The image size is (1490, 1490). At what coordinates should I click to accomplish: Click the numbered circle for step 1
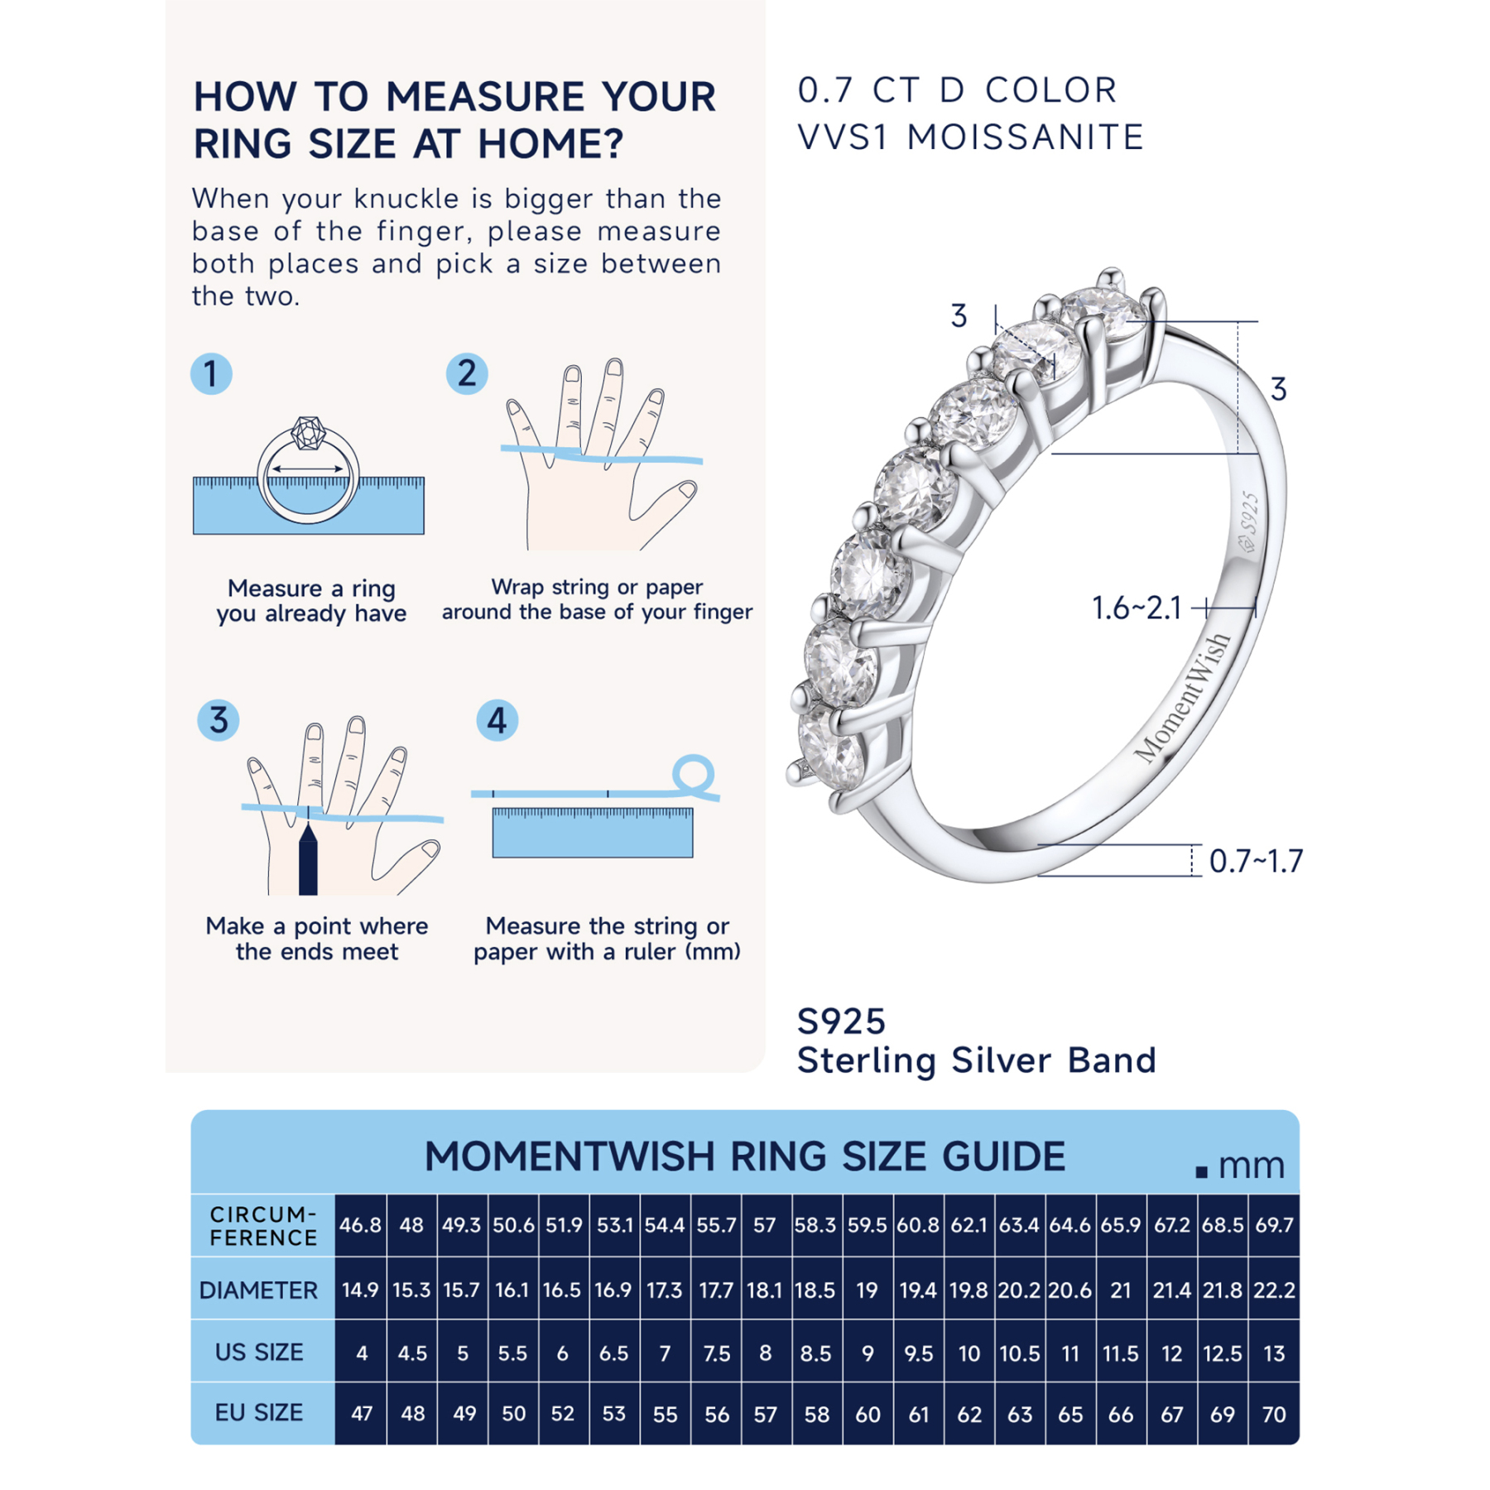tap(210, 373)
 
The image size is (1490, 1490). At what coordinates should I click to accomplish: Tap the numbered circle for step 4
tap(497, 720)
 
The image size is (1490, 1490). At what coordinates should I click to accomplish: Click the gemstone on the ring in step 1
tap(308, 433)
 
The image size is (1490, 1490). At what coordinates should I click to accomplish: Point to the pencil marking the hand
tap(308, 861)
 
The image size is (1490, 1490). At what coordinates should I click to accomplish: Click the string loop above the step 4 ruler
tap(692, 774)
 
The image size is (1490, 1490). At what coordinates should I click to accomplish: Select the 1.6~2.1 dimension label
tap(1136, 608)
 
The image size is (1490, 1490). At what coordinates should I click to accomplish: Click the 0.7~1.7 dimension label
tap(1255, 861)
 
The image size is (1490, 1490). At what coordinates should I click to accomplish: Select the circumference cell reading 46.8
tap(360, 1225)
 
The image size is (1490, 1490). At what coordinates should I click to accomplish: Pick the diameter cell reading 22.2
tap(1273, 1290)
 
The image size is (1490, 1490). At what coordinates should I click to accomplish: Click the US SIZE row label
tap(259, 1352)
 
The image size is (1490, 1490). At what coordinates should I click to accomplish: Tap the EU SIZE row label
tap(259, 1412)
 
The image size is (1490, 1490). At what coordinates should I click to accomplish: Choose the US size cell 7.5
tap(716, 1353)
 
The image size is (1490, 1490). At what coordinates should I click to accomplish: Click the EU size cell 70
tap(1273, 1414)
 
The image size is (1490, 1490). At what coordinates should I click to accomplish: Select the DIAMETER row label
tap(259, 1290)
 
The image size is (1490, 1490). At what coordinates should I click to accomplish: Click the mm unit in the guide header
tap(1251, 1166)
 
